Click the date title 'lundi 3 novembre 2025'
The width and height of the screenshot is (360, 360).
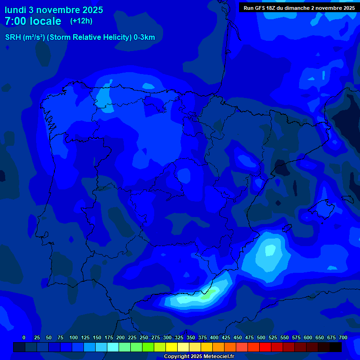54,10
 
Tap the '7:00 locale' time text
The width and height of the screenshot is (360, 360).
33,21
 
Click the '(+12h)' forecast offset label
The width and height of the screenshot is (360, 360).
81,21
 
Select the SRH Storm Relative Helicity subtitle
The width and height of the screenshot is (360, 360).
80,37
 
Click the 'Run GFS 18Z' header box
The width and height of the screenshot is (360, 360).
299,8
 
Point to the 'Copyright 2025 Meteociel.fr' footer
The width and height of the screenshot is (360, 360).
199,356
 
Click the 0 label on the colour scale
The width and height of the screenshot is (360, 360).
24,337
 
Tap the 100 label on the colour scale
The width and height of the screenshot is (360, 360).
74,337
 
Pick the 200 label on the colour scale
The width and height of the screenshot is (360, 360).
120,337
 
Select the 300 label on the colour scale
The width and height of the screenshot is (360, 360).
167,337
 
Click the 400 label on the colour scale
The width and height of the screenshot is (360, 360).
214,337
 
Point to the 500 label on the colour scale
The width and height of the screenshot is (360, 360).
261,337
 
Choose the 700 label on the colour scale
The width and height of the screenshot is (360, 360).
343,337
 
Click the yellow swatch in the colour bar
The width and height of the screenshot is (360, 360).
172,347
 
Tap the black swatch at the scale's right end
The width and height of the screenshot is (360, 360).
336,347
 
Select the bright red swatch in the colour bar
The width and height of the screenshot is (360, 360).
265,347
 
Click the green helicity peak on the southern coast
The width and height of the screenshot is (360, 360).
206,295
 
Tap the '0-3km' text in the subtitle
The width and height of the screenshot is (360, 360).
144,37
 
